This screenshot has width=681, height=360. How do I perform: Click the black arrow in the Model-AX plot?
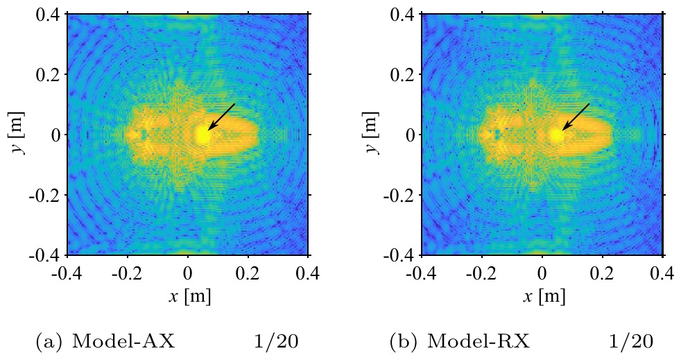(221, 117)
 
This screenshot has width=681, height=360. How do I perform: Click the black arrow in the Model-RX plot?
(576, 117)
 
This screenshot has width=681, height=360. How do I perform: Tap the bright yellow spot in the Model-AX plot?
(202, 136)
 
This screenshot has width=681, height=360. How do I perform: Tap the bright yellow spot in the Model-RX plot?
(557, 136)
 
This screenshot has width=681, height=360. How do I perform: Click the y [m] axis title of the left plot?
(18, 133)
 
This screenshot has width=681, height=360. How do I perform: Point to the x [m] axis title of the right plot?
(544, 297)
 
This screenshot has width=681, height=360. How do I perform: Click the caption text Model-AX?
(123, 342)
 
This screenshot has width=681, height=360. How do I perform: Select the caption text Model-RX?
(479, 342)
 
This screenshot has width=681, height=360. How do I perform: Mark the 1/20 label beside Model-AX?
(276, 342)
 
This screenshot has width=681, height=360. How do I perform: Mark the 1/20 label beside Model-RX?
(630, 342)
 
